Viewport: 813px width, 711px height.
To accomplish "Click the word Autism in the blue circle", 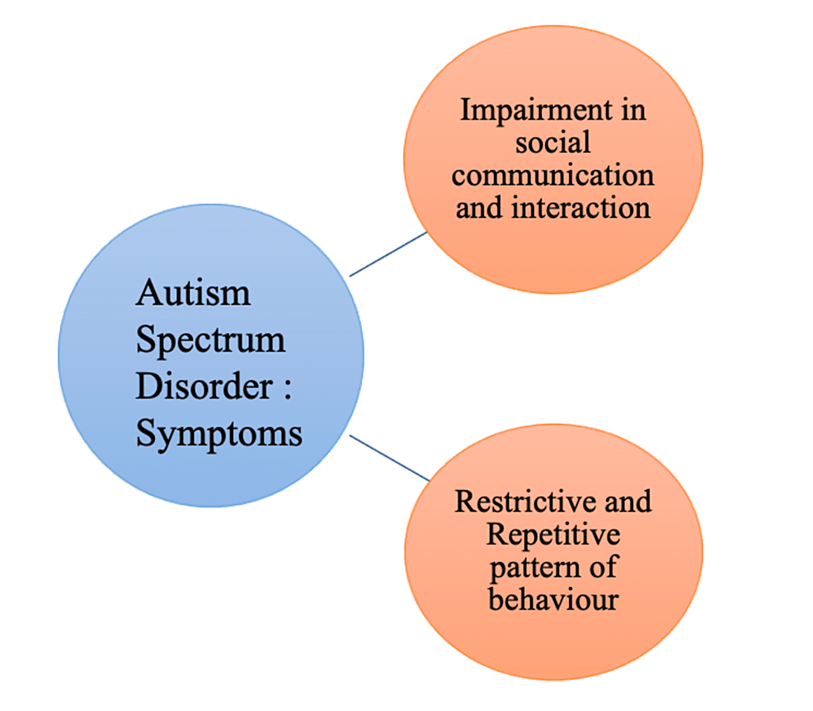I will click(x=193, y=294).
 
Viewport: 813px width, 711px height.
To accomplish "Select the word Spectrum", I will click(x=210, y=341).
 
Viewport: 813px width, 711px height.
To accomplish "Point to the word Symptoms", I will click(x=219, y=434).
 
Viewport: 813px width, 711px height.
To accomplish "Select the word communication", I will click(x=553, y=175).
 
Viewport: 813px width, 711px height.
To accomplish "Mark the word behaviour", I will click(x=552, y=598).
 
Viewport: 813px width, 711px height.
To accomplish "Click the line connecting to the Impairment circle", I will click(x=388, y=254).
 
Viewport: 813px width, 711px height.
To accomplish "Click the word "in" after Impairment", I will click(x=632, y=111).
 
